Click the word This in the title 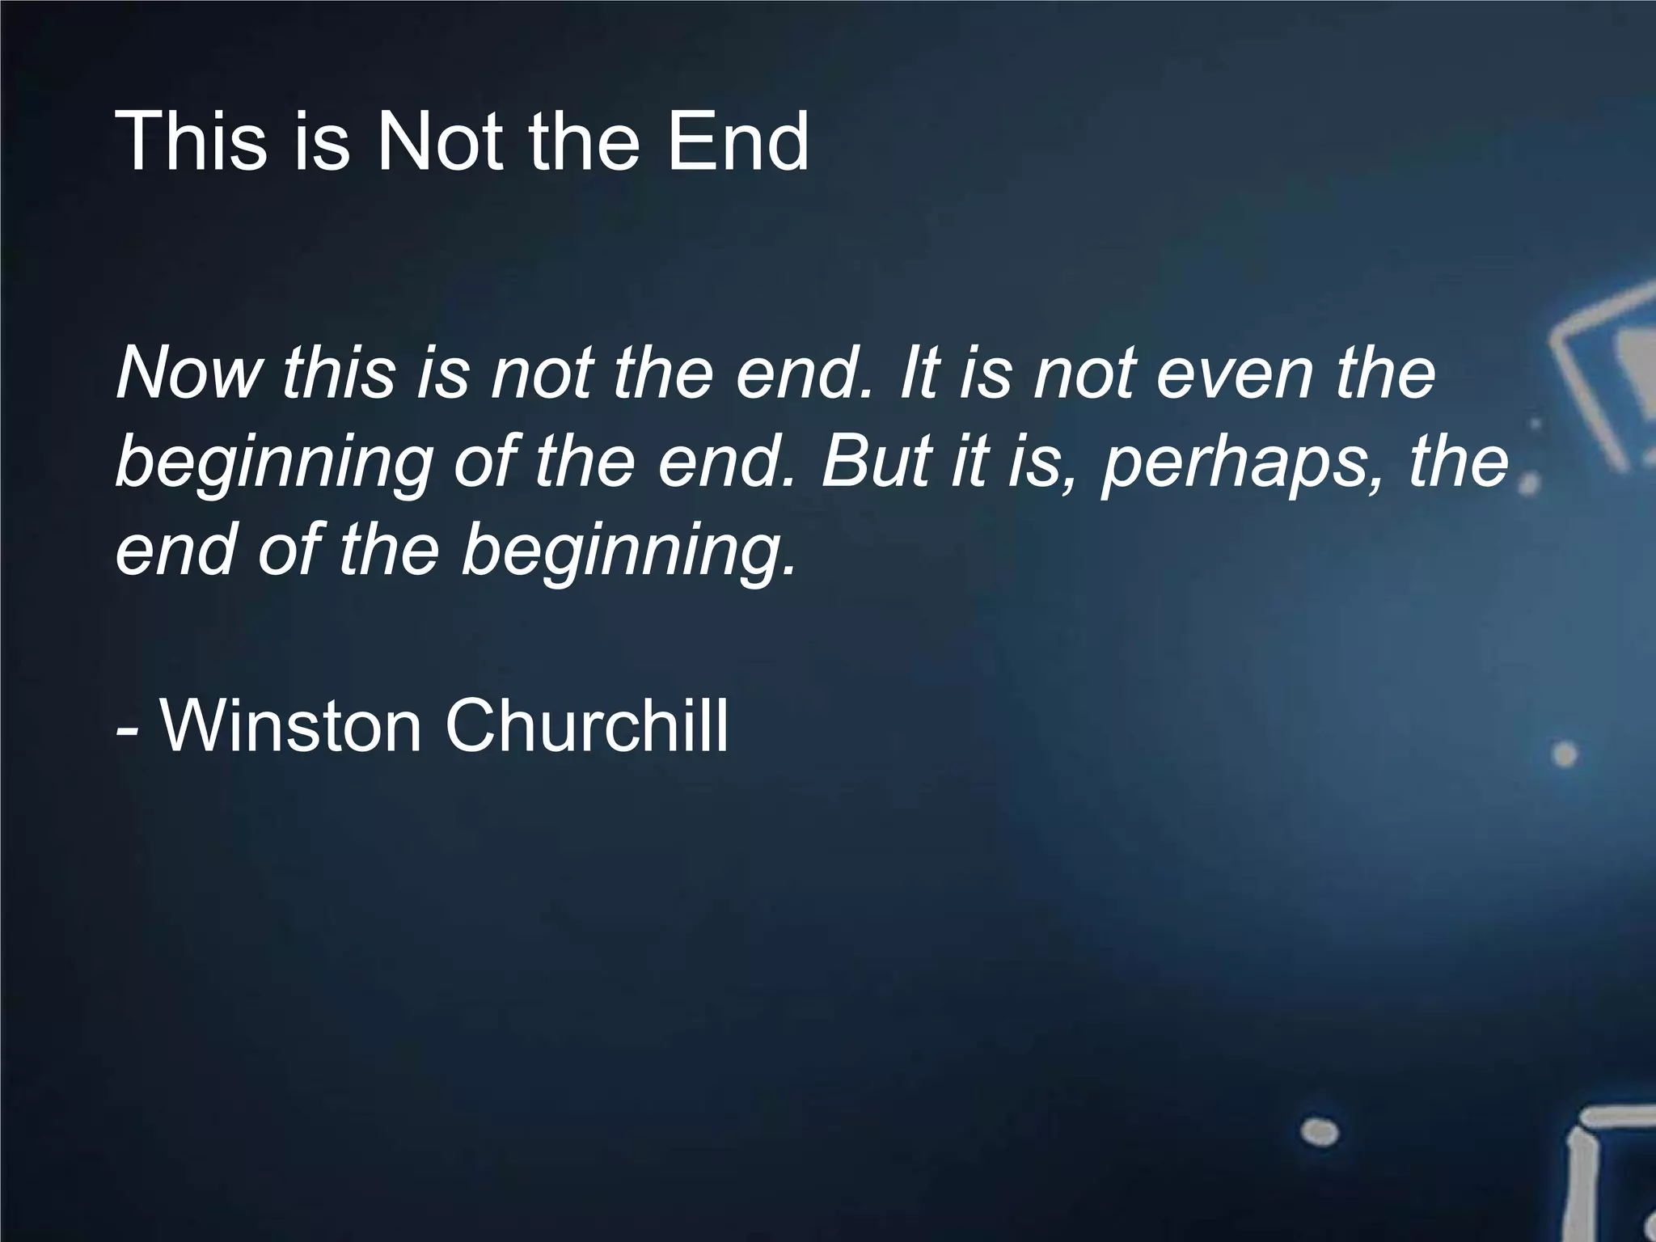tap(191, 142)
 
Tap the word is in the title tap(322, 142)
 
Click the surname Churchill tap(586, 725)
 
